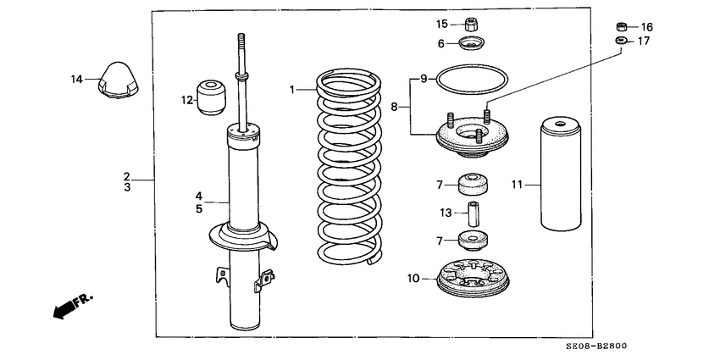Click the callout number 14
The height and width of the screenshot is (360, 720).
click(x=76, y=80)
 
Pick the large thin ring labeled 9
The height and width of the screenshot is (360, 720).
click(x=471, y=80)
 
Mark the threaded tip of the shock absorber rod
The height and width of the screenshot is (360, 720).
click(x=241, y=41)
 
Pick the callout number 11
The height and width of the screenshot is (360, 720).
click(x=518, y=182)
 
